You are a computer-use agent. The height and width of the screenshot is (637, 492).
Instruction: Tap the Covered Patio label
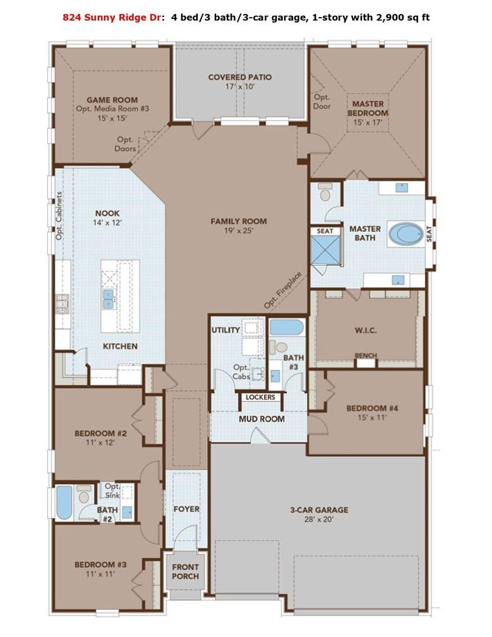240,77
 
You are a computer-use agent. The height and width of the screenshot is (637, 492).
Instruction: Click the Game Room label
103,99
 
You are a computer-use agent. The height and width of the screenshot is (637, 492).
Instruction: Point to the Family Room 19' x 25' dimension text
238,231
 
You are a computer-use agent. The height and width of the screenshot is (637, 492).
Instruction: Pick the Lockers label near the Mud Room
260,397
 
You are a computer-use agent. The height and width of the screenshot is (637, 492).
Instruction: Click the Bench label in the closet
365,356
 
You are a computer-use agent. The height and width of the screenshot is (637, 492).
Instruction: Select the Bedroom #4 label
376,408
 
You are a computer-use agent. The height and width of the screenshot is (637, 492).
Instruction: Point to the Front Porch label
185,571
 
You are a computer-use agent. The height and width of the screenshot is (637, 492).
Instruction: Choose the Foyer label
186,509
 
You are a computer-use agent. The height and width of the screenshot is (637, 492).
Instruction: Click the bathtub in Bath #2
64,502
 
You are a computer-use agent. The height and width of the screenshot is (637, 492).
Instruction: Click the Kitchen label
120,346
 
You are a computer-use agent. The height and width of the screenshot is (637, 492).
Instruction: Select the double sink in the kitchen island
109,299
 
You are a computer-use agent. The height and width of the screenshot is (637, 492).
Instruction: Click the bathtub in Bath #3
286,328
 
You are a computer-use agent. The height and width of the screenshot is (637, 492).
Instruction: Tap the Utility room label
225,330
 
